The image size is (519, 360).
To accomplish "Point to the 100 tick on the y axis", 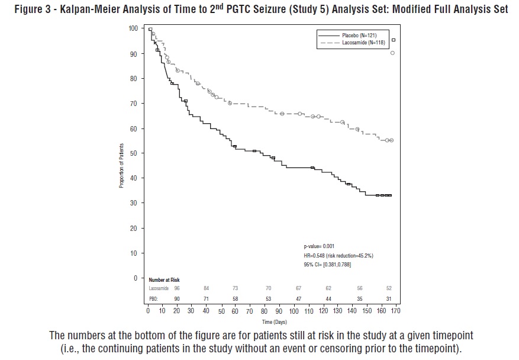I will pyautogui.click(x=133, y=28).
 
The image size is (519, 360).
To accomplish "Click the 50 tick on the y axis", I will pyautogui.click(x=134, y=153).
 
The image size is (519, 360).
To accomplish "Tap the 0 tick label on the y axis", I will pyautogui.click(x=136, y=278).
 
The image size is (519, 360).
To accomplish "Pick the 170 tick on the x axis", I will pyautogui.click(x=394, y=310).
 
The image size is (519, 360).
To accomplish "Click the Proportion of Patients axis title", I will pyautogui.click(x=121, y=166).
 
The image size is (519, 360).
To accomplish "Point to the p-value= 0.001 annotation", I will pyautogui.click(x=319, y=245).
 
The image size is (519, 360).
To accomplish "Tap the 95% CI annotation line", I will pyautogui.click(x=327, y=264).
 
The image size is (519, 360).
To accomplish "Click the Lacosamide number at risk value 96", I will pyautogui.click(x=176, y=288).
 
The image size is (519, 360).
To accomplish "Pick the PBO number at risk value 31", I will pyautogui.click(x=389, y=299).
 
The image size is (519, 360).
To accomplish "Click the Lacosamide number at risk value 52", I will pyautogui.click(x=389, y=288).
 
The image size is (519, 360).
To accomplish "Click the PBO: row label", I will pyautogui.click(x=154, y=299).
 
